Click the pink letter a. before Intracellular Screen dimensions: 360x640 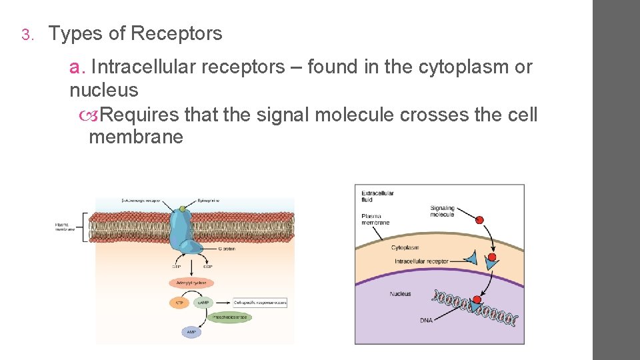click(77, 67)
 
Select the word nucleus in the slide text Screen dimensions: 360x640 click(103, 90)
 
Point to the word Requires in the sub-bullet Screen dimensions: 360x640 click(141, 115)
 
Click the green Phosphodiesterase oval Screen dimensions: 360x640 click(229, 317)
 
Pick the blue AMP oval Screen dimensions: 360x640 click(191, 331)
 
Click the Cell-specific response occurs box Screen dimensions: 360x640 click(260, 302)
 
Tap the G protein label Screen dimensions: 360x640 click(227, 249)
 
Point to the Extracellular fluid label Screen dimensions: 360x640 click(377, 197)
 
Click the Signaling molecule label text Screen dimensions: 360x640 click(442, 211)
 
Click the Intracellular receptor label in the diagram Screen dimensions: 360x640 click(421, 261)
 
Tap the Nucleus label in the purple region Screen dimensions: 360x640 click(400, 294)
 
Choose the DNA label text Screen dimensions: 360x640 click(426, 321)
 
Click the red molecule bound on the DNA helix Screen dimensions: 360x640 click(477, 299)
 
